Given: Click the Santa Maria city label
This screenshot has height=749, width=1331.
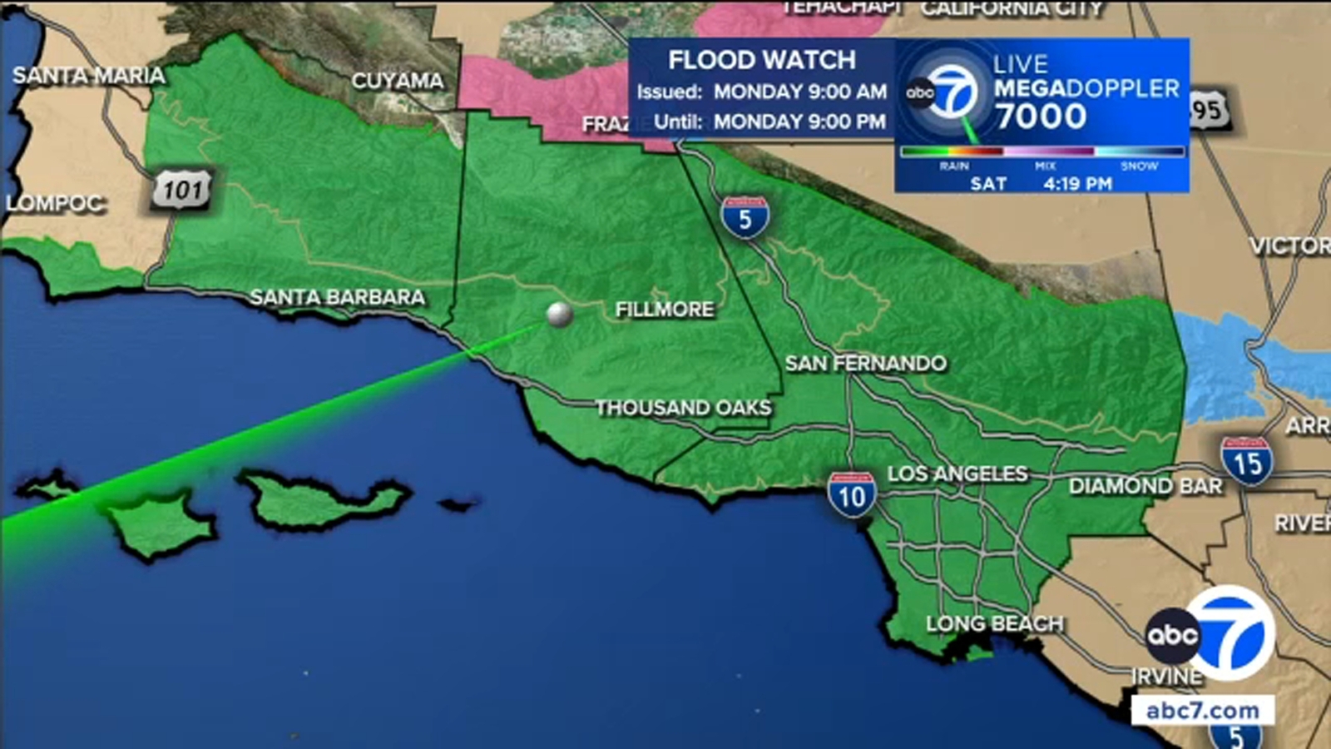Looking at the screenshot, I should click(x=88, y=76).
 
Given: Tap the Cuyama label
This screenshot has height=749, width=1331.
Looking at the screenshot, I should click(x=397, y=81).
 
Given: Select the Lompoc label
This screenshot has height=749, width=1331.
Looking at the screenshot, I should click(x=54, y=203).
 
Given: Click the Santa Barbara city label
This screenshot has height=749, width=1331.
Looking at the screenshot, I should click(x=337, y=297).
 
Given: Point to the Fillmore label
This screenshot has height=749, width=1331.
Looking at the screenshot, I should click(x=664, y=310).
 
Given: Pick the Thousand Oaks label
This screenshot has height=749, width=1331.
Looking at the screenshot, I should click(x=683, y=408).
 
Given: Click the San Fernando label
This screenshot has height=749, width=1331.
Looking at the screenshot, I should click(x=865, y=363).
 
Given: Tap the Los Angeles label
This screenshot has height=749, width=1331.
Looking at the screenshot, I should click(x=957, y=474).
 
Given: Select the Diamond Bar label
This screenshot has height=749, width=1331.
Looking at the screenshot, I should click(x=1145, y=486).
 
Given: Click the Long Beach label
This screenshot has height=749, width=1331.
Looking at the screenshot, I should click(x=994, y=623).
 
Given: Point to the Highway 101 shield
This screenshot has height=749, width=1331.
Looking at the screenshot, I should click(x=182, y=190).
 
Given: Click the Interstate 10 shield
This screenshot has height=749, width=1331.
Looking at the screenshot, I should click(x=851, y=494).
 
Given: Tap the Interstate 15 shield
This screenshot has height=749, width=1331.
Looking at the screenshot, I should click(x=1246, y=461).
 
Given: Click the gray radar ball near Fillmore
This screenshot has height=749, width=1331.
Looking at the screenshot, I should click(x=559, y=315).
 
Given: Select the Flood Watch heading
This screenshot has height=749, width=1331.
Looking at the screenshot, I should click(x=761, y=60).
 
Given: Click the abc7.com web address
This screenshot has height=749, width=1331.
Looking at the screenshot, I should click(x=1202, y=710).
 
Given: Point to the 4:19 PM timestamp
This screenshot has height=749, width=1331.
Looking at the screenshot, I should click(x=1077, y=183).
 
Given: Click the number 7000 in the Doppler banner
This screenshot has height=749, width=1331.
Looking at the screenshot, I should click(x=1041, y=117).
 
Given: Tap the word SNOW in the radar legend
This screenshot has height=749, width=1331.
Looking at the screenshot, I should click(x=1139, y=166).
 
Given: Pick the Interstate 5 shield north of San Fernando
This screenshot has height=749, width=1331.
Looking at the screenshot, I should click(x=745, y=217).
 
